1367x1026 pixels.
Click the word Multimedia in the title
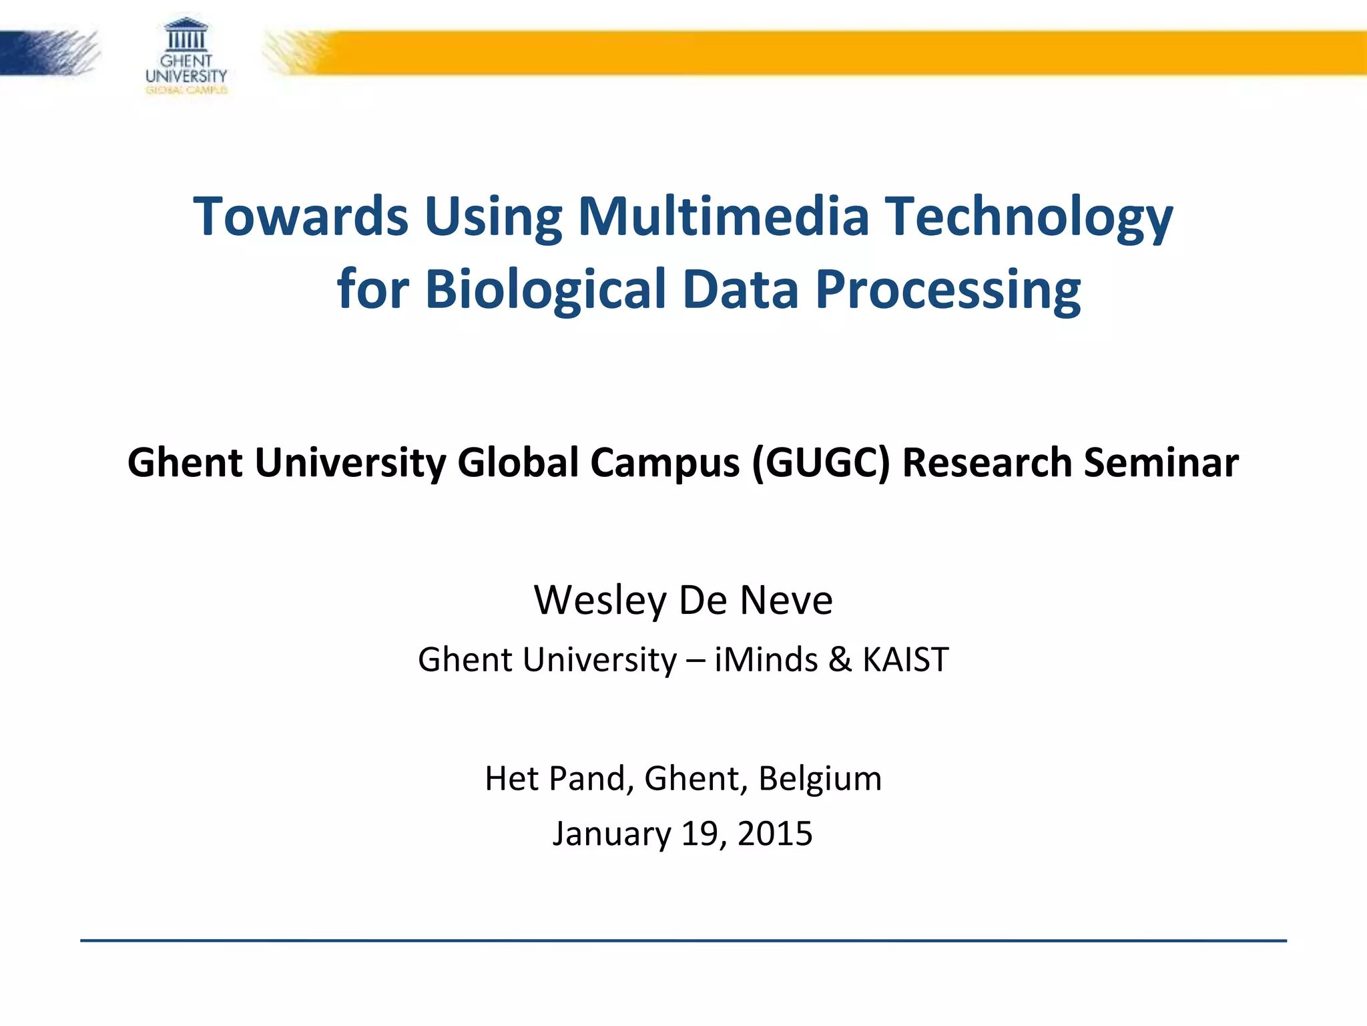(724, 216)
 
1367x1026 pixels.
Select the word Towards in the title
(300, 216)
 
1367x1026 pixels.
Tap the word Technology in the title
(1029, 218)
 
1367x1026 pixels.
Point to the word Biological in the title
(546, 290)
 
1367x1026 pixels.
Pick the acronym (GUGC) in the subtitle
(821, 462)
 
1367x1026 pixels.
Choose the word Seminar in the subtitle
(1161, 462)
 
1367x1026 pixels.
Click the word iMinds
(766, 660)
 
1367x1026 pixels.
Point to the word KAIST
(905, 660)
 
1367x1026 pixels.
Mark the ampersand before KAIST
(840, 660)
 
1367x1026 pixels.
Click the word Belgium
(820, 779)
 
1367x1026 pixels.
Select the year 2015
(775, 834)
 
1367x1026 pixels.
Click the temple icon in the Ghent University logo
(186, 35)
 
